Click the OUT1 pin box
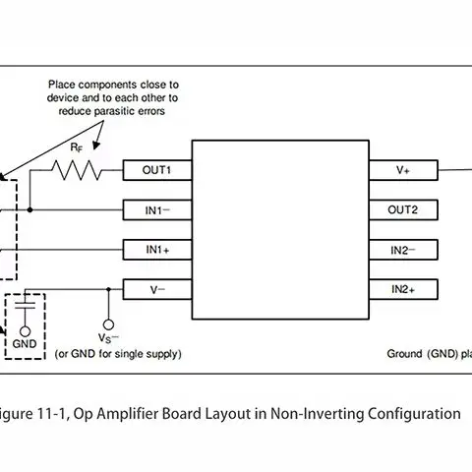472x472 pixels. coord(156,170)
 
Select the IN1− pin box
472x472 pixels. coord(156,209)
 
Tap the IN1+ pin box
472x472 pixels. coord(156,250)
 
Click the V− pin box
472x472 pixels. coord(156,289)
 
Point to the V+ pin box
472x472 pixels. coord(403,170)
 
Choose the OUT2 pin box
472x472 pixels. coord(403,209)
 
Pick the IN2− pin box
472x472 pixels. coord(403,250)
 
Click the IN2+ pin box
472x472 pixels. coord(403,289)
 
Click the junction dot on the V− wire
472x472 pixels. coord(107,289)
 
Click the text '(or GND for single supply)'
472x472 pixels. coord(118,353)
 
